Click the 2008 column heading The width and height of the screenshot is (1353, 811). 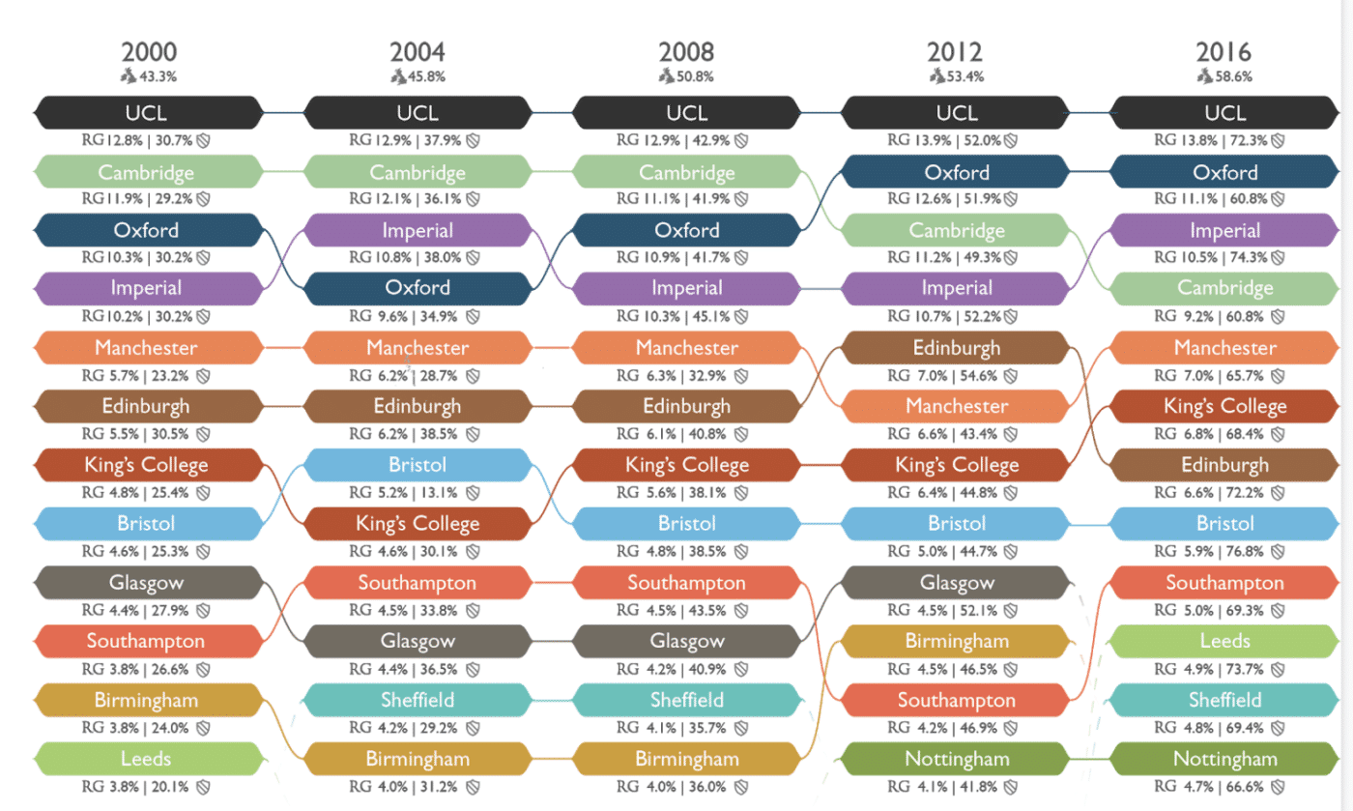coord(686,52)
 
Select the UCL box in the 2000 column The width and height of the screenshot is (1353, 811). coord(148,112)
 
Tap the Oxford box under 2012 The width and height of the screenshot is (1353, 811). coord(957,173)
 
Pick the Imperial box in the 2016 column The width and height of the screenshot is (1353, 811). coord(1225,231)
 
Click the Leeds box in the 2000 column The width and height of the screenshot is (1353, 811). coord(148,759)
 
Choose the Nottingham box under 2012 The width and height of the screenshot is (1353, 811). coord(957,759)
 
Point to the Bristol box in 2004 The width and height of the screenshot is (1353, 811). coord(417,465)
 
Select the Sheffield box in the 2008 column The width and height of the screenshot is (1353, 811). coord(686,700)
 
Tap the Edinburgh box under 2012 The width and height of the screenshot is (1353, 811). coord(957,348)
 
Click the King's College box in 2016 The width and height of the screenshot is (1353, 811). coord(1225,406)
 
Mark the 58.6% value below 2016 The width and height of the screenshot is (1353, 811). coord(1234,77)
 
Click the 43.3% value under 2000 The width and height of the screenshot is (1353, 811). coord(158,77)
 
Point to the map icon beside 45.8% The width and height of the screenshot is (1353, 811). coord(397,76)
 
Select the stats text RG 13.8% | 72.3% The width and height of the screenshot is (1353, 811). coord(1216,141)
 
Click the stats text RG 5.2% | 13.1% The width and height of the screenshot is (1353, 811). coord(408,493)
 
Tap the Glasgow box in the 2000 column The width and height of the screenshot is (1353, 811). coord(148,583)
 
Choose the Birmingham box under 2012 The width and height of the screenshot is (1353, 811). coord(957,641)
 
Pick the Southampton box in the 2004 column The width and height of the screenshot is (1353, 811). coord(417,583)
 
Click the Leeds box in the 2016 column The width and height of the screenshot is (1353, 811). coord(1225,641)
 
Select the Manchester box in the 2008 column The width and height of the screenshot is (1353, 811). coord(686,348)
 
